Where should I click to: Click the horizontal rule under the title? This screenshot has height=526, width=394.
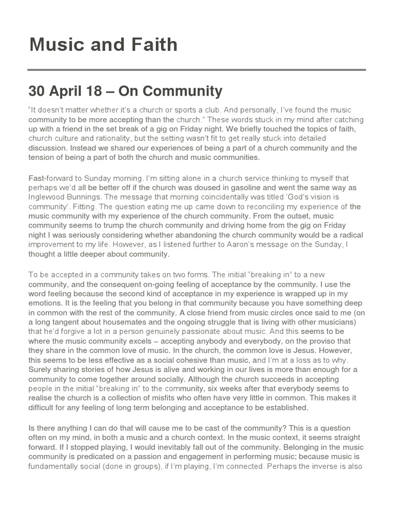pos(197,70)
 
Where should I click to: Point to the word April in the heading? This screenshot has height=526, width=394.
pos(67,91)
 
